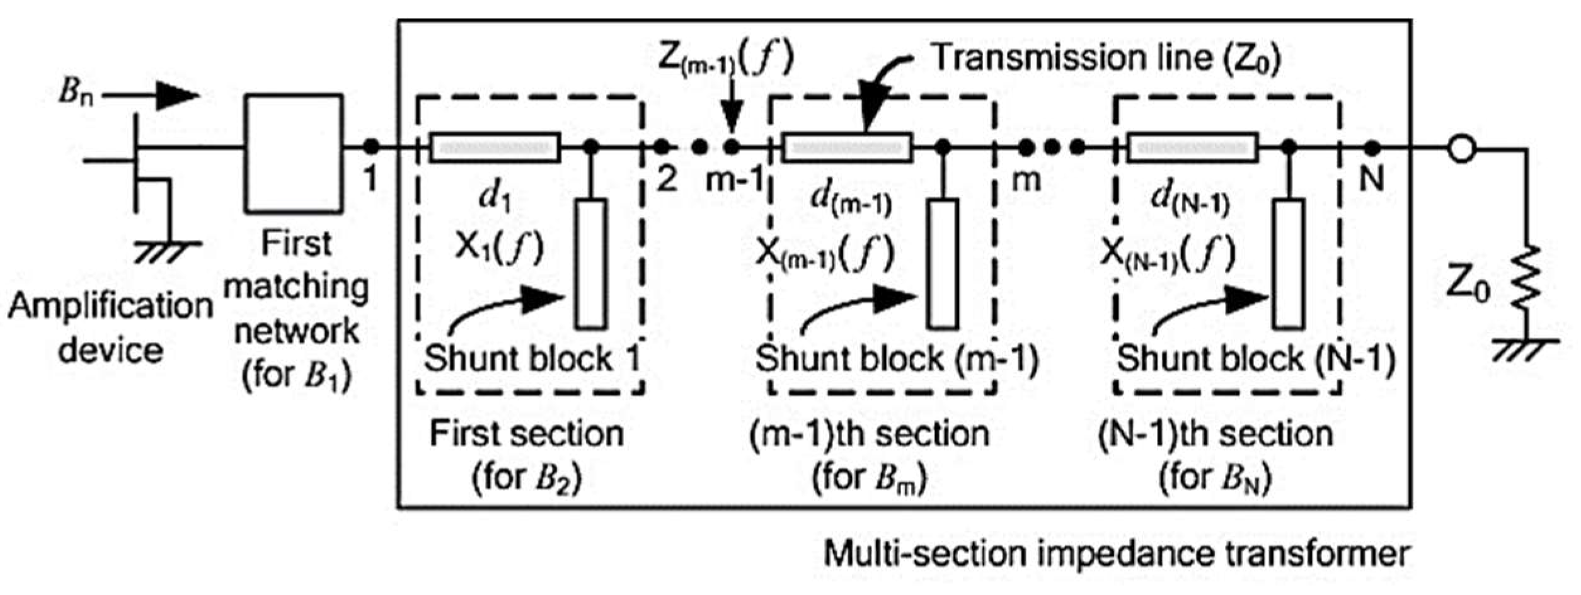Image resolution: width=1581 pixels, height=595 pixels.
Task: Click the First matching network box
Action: pos(294,153)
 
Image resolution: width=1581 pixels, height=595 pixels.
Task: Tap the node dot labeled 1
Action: pos(371,147)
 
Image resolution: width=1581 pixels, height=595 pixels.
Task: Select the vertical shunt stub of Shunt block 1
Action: pos(591,263)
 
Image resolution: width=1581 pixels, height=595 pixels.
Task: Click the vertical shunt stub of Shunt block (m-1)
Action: pos(943,263)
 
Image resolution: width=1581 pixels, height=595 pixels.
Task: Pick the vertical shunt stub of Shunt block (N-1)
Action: pos(1289,263)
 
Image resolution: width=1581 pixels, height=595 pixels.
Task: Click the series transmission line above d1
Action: pos(495,148)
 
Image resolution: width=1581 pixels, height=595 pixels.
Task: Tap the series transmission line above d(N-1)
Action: pos(1192,148)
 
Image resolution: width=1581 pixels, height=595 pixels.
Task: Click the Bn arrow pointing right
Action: pos(151,96)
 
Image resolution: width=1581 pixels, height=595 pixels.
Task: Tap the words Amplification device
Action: pos(110,328)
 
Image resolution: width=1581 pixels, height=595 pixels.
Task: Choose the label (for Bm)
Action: pos(869,477)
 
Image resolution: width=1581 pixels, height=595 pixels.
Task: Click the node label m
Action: pos(1026,181)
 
